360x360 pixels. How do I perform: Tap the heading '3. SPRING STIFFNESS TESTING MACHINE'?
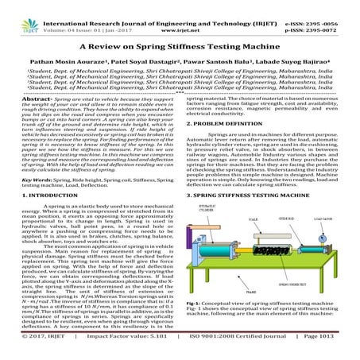(x=258, y=216)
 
